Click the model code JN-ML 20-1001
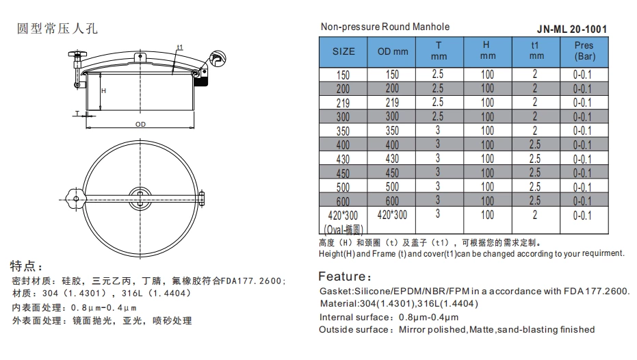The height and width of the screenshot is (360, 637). pyautogui.click(x=571, y=29)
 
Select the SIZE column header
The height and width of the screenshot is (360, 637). pyautogui.click(x=343, y=51)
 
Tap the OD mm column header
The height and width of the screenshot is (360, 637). pyautogui.click(x=392, y=51)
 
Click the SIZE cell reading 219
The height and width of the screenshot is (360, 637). pyautogui.click(x=343, y=103)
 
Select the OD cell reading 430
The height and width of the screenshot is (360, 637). pyautogui.click(x=392, y=159)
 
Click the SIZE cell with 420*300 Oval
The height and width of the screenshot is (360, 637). pyautogui.click(x=343, y=222)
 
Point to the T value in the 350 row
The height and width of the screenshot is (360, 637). pyautogui.click(x=439, y=130)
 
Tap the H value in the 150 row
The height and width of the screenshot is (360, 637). pyautogui.click(x=487, y=74)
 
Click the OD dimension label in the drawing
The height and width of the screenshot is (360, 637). pyautogui.click(x=140, y=125)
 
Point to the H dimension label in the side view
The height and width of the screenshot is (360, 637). pyautogui.click(x=103, y=90)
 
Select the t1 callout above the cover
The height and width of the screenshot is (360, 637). pyautogui.click(x=179, y=47)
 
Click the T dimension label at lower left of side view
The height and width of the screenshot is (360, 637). pyautogui.click(x=77, y=113)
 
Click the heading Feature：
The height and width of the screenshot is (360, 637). pyautogui.click(x=346, y=277)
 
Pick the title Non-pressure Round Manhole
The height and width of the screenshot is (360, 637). pyautogui.click(x=385, y=27)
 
